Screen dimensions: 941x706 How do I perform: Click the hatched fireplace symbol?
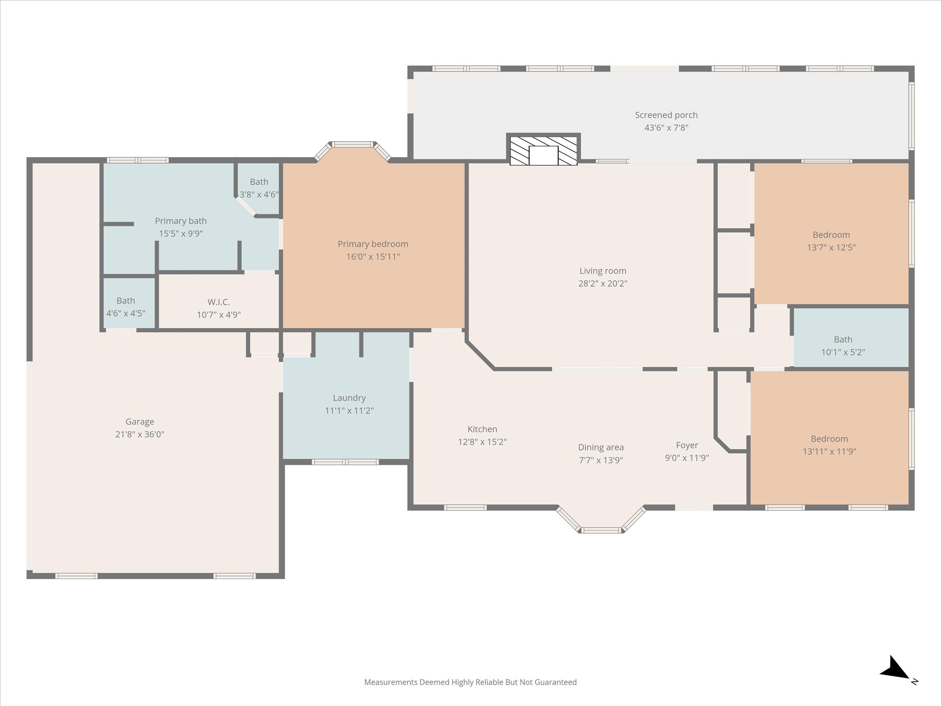click(544, 150)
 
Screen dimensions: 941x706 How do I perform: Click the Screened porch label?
click(666, 115)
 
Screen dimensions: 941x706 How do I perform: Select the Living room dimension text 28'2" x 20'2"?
click(603, 284)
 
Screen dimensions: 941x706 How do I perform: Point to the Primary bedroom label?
click(373, 244)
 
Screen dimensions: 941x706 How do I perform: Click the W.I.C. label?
click(219, 302)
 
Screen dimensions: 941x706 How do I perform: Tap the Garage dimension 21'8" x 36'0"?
click(140, 434)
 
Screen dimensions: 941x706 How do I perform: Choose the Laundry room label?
click(349, 398)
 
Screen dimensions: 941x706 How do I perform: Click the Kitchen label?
click(482, 429)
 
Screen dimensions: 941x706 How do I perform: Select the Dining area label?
click(601, 448)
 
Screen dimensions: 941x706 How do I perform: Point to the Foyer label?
click(687, 445)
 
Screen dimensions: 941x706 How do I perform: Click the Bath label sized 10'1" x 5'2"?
click(843, 340)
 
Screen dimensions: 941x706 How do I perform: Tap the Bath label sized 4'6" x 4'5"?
click(125, 301)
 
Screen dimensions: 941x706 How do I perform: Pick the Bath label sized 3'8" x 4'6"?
click(259, 182)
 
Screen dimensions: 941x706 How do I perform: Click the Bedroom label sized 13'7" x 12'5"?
click(831, 235)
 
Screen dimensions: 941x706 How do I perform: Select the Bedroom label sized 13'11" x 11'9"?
click(829, 439)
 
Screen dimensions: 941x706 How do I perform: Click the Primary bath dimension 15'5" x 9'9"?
click(181, 233)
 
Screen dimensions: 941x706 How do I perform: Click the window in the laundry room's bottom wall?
click(346, 462)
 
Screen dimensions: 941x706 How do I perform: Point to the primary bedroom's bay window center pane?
click(352, 144)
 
